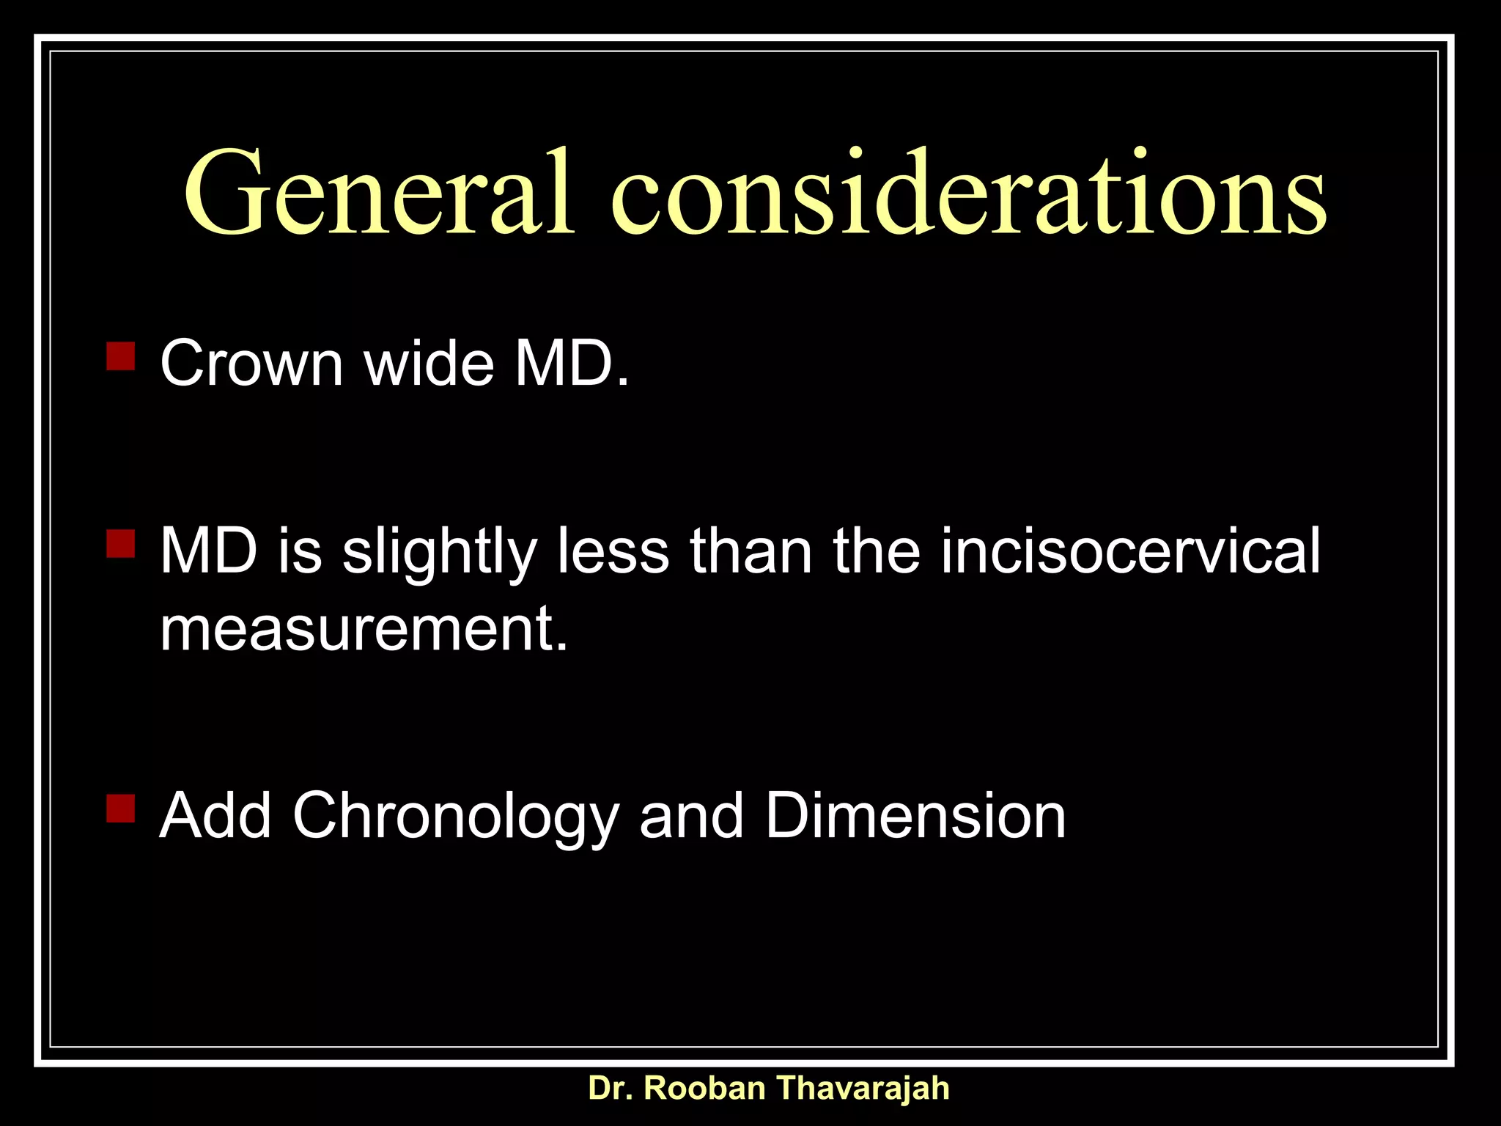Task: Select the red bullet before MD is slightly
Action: point(120,544)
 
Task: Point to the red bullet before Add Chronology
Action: point(120,808)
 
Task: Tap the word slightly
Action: point(440,551)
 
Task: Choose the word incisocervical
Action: point(1130,551)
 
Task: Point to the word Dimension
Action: point(915,815)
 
